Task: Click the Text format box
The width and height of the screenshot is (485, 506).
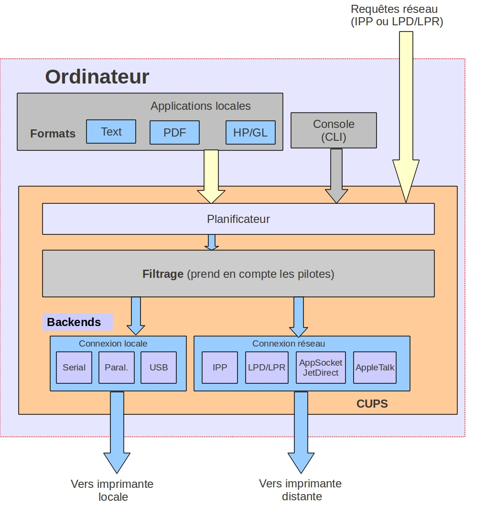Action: point(111,132)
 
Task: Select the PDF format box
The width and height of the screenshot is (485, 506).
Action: point(174,133)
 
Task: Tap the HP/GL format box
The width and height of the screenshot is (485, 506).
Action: point(250,133)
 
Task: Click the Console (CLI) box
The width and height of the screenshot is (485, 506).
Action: point(334,130)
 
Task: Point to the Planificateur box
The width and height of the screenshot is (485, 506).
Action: point(238,219)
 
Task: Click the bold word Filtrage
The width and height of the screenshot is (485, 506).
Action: point(163,274)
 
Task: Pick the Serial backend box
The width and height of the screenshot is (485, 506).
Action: point(74,368)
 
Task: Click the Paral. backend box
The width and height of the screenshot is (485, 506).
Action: point(116,368)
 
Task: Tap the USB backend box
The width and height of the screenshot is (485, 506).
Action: point(159,368)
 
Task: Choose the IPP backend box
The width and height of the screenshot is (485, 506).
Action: point(220,368)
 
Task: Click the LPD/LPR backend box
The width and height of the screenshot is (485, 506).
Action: point(267,368)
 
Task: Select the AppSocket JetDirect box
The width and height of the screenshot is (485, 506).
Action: point(320,368)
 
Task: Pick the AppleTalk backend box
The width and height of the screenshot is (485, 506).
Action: point(375,368)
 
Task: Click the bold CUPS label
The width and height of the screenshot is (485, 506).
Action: point(372,404)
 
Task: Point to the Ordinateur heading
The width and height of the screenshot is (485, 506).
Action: point(97,77)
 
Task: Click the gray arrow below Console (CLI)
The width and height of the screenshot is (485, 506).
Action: point(336,176)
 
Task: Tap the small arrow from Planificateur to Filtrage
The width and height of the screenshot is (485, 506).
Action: point(211,242)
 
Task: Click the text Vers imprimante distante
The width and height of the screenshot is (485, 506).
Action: point(301,490)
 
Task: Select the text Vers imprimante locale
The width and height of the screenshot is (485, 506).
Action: point(113,490)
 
